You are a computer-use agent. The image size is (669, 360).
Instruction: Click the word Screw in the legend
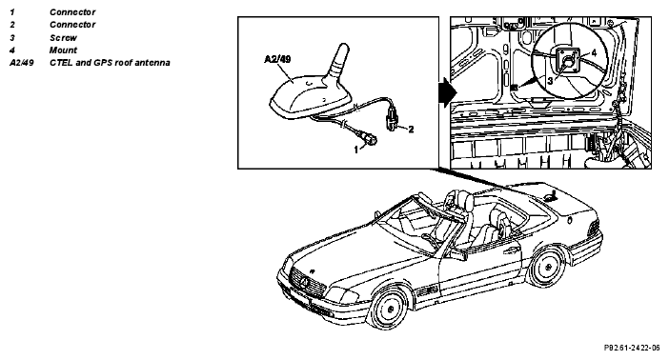pyautogui.click(x=63, y=37)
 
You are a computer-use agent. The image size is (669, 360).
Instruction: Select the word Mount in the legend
pyautogui.click(x=63, y=50)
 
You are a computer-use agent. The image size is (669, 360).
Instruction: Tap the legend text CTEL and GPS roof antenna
pyautogui.click(x=110, y=62)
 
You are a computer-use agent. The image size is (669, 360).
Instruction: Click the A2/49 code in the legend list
pyautogui.click(x=22, y=62)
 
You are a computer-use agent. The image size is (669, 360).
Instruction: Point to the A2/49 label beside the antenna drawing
pyautogui.click(x=277, y=59)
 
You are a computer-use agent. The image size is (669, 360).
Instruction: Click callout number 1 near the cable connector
pyautogui.click(x=356, y=150)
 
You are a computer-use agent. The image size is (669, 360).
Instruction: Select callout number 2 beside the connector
pyautogui.click(x=411, y=129)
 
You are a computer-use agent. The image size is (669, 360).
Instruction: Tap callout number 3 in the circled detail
pyautogui.click(x=551, y=80)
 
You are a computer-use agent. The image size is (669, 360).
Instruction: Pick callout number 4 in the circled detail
pyautogui.click(x=594, y=53)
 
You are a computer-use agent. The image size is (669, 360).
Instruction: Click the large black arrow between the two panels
pyautogui.click(x=448, y=92)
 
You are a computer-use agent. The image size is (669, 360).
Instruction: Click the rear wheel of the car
pyautogui.click(x=546, y=267)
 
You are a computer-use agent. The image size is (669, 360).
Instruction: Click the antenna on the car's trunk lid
pyautogui.click(x=551, y=197)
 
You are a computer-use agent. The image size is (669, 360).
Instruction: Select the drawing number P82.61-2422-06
pyautogui.click(x=632, y=348)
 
